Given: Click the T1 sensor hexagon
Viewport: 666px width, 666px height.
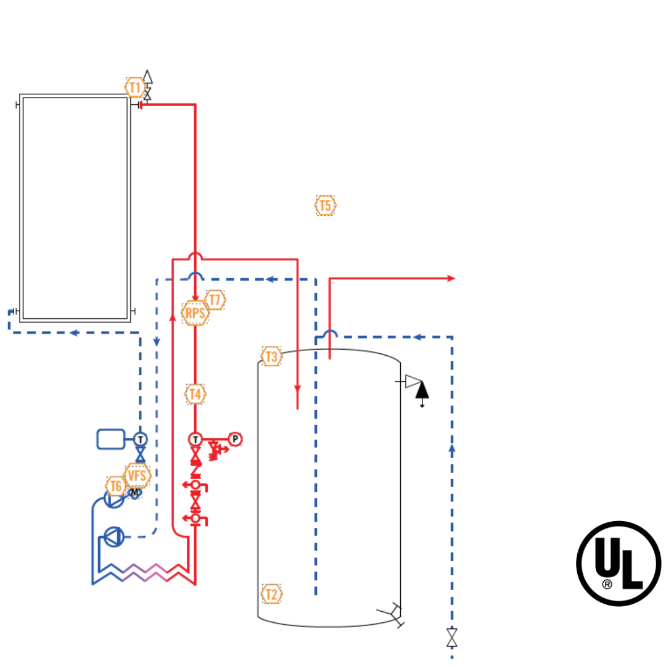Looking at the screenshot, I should click(x=135, y=87).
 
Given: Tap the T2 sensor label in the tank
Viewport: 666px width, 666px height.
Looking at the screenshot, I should click(x=271, y=594).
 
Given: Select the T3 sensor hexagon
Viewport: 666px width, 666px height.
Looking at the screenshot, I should click(x=271, y=356).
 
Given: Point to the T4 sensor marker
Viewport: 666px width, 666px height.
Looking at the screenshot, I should click(x=195, y=393).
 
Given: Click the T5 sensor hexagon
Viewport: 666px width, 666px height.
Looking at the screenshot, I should click(x=326, y=205).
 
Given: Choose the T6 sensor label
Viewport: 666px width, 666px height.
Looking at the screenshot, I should click(x=115, y=486).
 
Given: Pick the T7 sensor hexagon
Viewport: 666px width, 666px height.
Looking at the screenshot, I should click(x=215, y=300).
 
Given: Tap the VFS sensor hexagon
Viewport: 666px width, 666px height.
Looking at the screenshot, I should click(x=137, y=475).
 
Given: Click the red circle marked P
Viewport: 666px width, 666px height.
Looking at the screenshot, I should click(x=235, y=439).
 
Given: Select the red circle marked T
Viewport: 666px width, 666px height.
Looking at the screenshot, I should click(x=195, y=439).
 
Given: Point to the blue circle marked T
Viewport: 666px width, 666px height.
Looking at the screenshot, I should click(x=141, y=439).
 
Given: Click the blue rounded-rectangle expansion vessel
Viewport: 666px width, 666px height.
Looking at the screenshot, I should click(x=110, y=439).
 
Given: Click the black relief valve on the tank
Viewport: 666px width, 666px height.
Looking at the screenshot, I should click(x=422, y=390).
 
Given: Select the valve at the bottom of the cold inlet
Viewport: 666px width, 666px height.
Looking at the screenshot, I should click(x=452, y=638).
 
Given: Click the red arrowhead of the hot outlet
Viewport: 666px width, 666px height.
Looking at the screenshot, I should click(x=451, y=279).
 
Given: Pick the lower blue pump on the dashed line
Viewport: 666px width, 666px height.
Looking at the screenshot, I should click(x=113, y=536).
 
